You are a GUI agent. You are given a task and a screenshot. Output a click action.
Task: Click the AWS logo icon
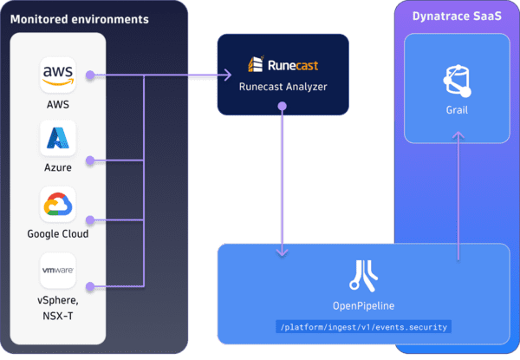tap(58, 75)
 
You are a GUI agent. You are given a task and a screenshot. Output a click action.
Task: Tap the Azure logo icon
tap(58, 139)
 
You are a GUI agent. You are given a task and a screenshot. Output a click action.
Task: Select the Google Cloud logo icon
tap(58, 205)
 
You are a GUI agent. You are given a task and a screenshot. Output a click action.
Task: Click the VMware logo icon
tap(58, 270)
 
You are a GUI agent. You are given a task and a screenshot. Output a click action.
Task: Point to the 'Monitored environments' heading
tap(79, 19)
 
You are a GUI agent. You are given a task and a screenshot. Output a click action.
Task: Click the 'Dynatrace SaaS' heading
tap(455, 18)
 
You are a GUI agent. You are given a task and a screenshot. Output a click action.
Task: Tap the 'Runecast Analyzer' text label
tap(282, 87)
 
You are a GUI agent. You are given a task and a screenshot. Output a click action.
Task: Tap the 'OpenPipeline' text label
tap(362, 305)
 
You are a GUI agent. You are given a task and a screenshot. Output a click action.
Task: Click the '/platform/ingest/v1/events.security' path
tap(362, 327)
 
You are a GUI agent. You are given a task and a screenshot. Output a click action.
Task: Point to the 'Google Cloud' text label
tap(58, 233)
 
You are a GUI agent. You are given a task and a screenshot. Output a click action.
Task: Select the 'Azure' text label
tap(58, 167)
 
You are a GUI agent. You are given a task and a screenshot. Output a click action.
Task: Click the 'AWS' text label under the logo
tap(58, 104)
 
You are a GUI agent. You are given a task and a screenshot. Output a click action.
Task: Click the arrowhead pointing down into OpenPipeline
tap(282, 252)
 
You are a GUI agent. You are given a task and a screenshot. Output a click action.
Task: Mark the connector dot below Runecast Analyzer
tap(282, 108)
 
